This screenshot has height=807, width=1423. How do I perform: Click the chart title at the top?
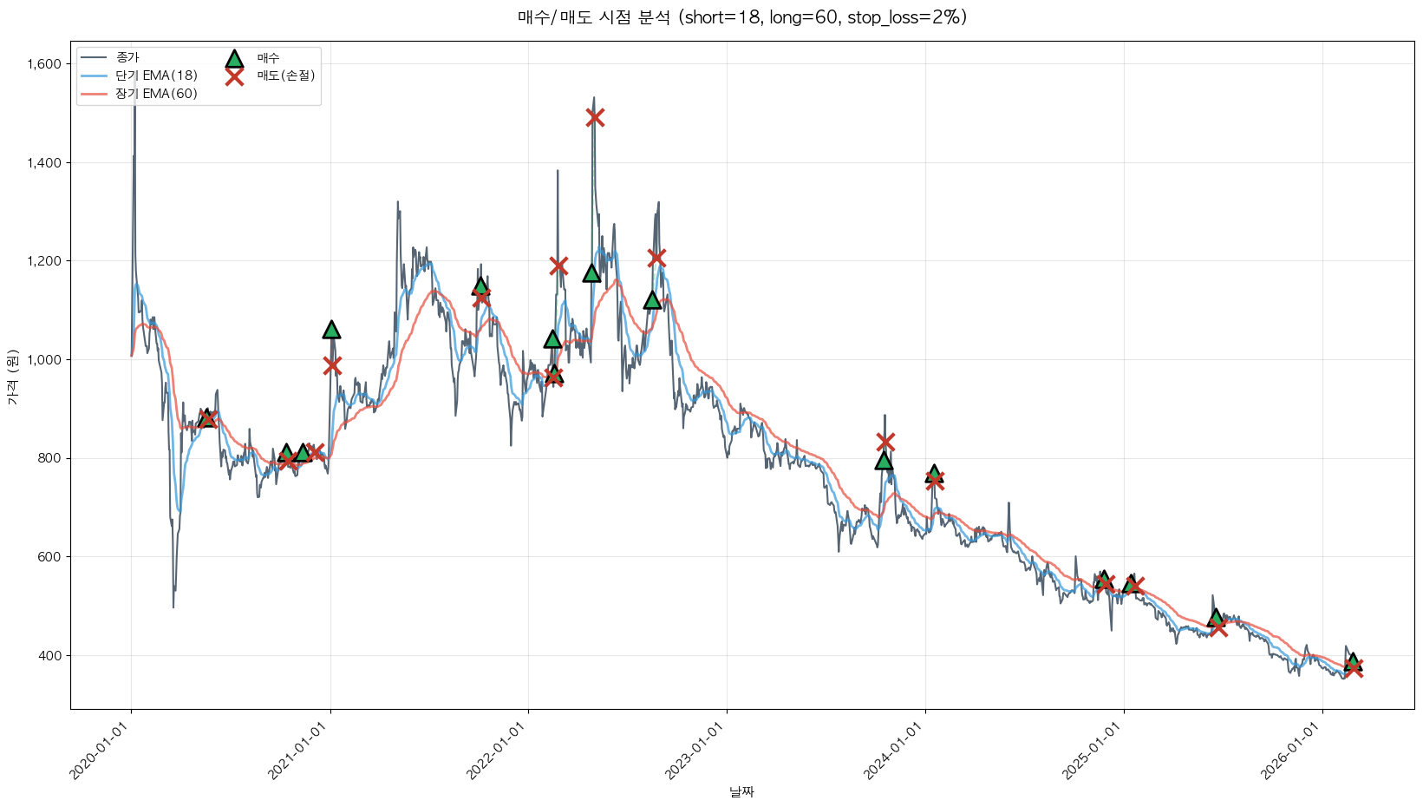pos(741,17)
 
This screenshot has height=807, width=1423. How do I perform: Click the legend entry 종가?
pos(127,57)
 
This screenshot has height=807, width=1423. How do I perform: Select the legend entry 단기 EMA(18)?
pos(157,75)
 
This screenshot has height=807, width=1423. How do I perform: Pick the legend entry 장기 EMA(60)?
pos(157,94)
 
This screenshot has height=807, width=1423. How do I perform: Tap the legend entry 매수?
pos(268,58)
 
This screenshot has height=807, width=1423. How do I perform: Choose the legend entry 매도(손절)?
pos(285,75)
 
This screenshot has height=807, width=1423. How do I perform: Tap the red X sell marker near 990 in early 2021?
pos(332,365)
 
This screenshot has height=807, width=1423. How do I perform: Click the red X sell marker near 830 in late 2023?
pos(884,443)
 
